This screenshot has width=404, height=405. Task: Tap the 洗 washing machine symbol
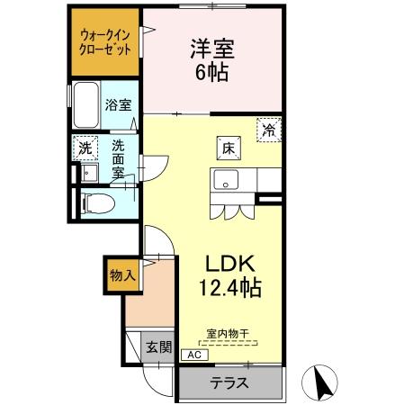[85, 147]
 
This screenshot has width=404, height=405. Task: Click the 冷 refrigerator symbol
[268, 130]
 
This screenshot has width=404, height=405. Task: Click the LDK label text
[233, 265]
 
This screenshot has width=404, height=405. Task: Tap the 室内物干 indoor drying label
[226, 333]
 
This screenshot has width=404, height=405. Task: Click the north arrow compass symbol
[321, 383]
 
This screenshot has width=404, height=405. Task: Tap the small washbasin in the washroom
[88, 172]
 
